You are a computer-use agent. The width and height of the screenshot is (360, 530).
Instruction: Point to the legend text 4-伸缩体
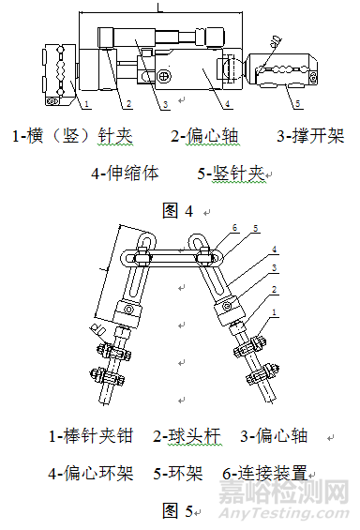126,174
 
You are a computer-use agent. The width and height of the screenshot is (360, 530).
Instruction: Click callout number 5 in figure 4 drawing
299,102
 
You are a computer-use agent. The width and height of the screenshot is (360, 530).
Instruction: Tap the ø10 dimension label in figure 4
273,41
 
